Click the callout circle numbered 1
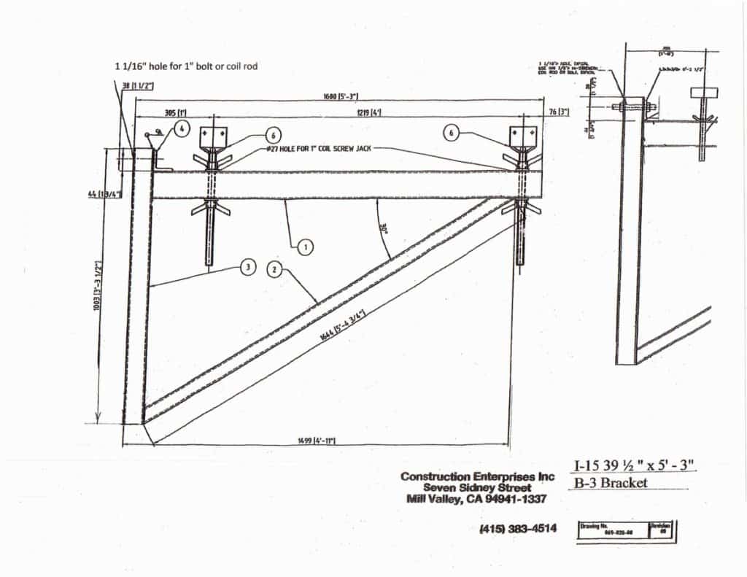click(x=306, y=247)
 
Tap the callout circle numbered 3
click(x=248, y=268)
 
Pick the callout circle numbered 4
click(x=182, y=127)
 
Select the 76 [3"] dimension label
click(x=558, y=112)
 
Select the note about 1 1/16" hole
click(x=186, y=66)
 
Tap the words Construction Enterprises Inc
click(x=478, y=476)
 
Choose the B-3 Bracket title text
click(x=607, y=483)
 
